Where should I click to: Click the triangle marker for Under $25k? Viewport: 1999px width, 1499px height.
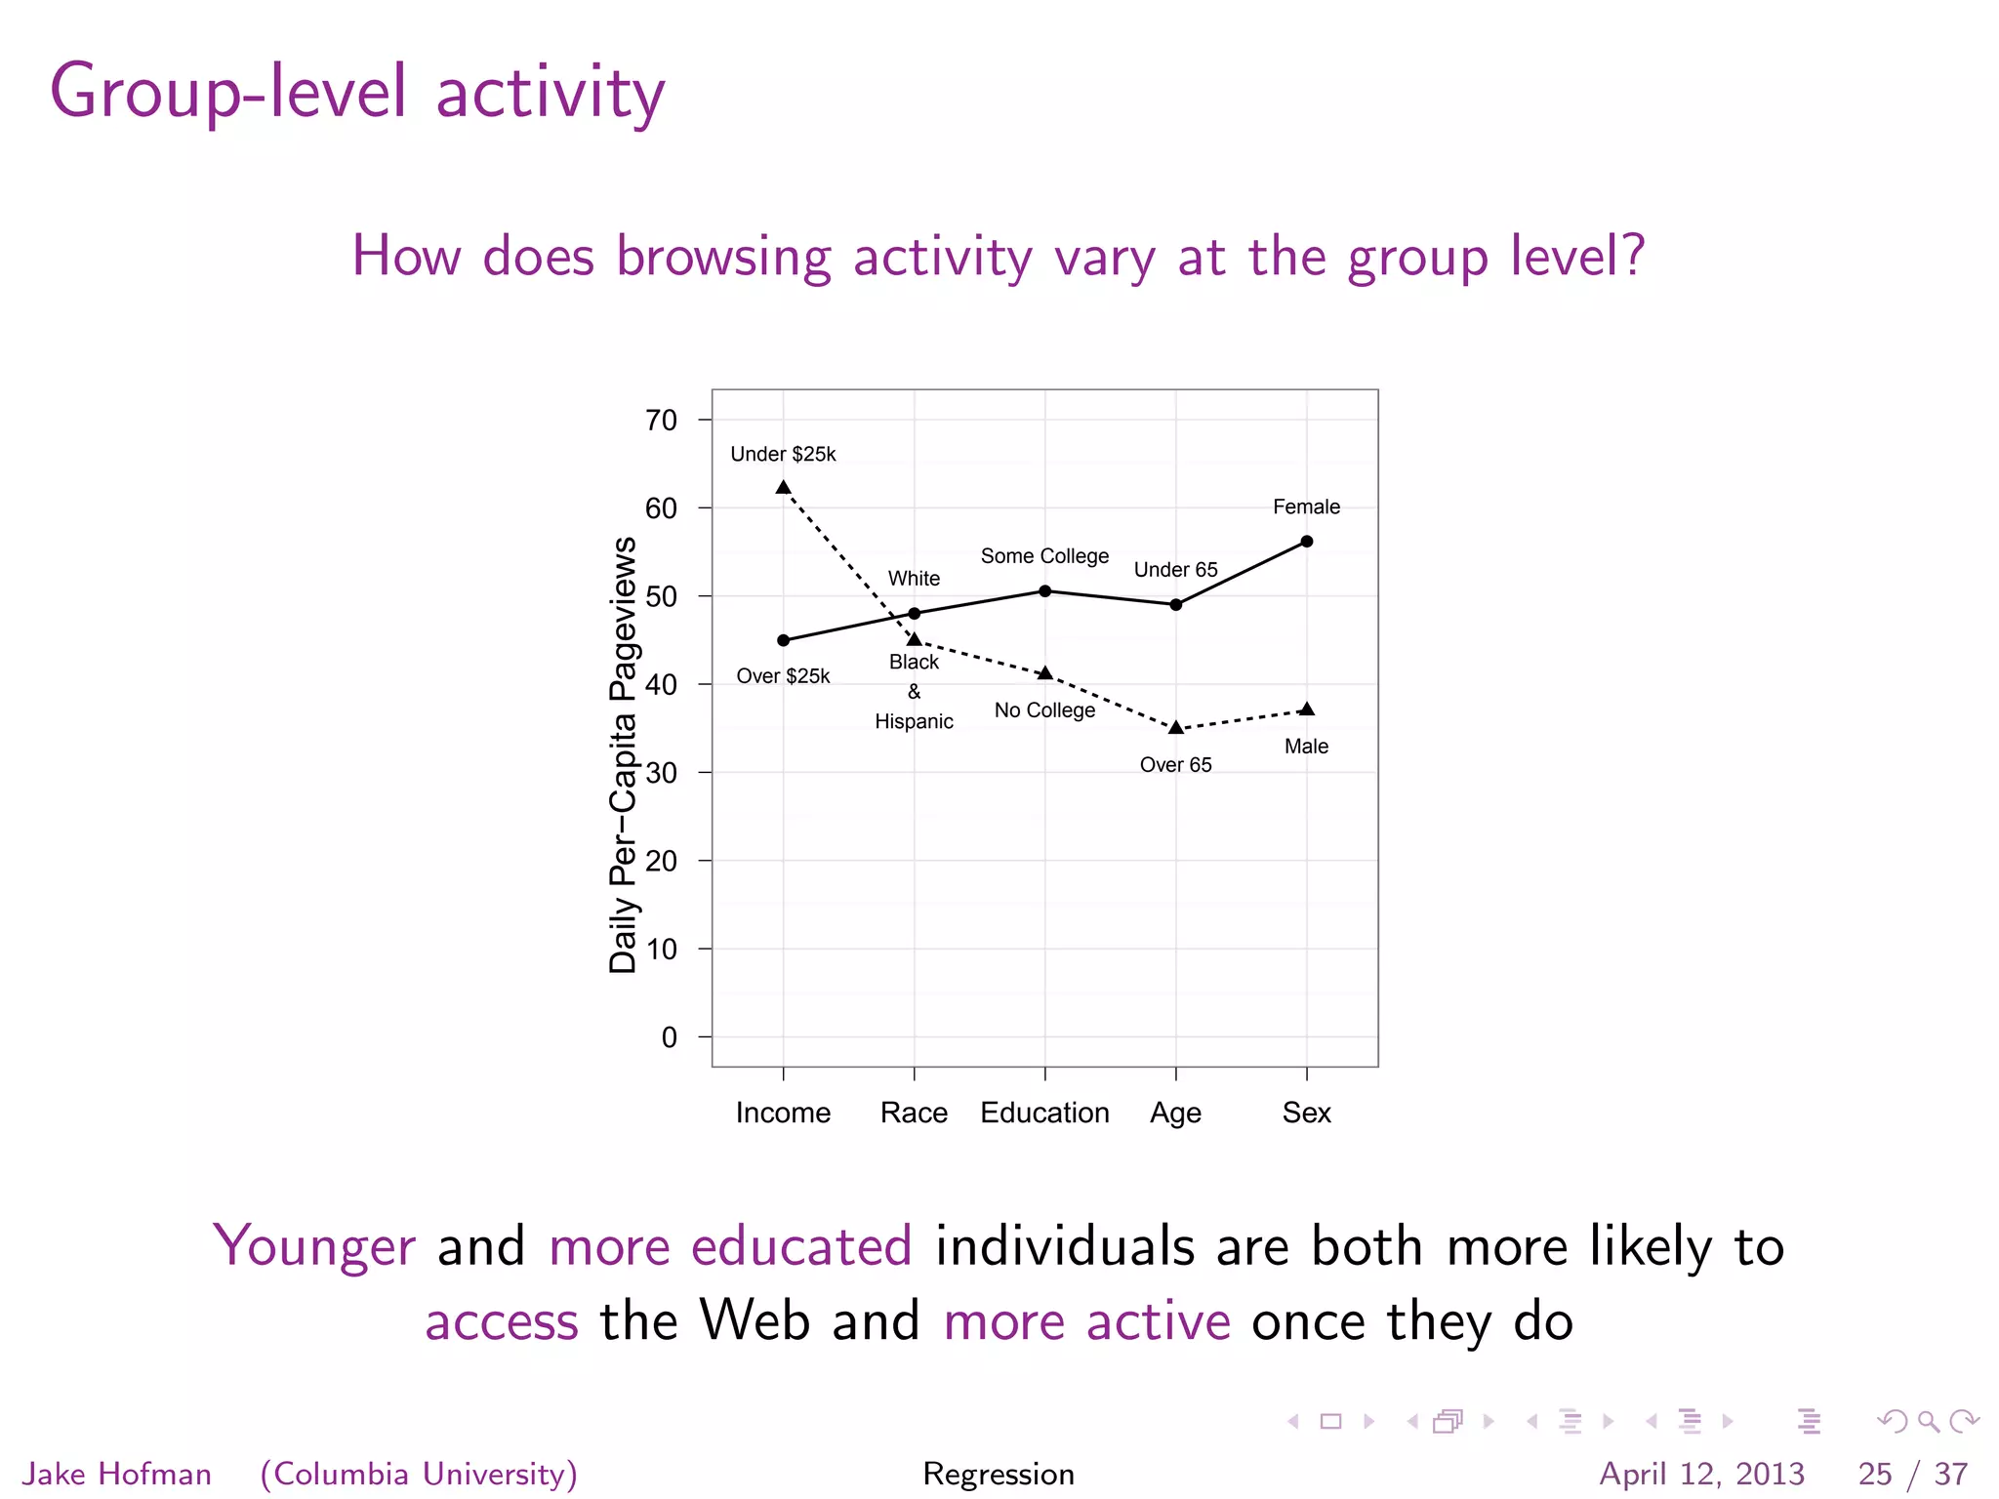click(x=783, y=487)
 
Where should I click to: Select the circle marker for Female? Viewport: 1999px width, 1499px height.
click(x=1307, y=542)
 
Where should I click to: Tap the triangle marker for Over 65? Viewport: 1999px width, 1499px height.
click(x=1176, y=727)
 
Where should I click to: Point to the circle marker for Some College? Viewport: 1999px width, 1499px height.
click(x=1044, y=591)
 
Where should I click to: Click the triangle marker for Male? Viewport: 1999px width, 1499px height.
click(x=1307, y=709)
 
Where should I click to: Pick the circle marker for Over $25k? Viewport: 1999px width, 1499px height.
click(x=783, y=640)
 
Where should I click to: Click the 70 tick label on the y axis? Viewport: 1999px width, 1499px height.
click(x=661, y=421)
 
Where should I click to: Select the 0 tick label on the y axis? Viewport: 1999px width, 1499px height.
click(x=669, y=1037)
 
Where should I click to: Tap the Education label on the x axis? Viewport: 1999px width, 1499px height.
click(x=1044, y=1113)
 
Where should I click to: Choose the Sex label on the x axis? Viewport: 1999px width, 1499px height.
click(x=1306, y=1113)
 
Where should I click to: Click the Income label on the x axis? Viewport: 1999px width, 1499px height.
click(x=783, y=1113)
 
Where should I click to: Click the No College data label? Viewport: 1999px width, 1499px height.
click(x=1044, y=710)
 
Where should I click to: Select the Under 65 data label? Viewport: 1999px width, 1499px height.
click(x=1175, y=570)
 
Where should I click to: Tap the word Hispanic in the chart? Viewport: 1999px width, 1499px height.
click(x=914, y=721)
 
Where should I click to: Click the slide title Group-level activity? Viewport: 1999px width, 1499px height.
click(x=357, y=93)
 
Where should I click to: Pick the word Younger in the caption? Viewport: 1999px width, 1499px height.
click(x=314, y=1246)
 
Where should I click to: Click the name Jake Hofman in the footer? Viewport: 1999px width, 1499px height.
click(x=117, y=1474)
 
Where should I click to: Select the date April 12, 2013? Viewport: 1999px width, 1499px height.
click(x=1701, y=1474)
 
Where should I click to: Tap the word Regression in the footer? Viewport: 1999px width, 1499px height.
click(x=999, y=1474)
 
